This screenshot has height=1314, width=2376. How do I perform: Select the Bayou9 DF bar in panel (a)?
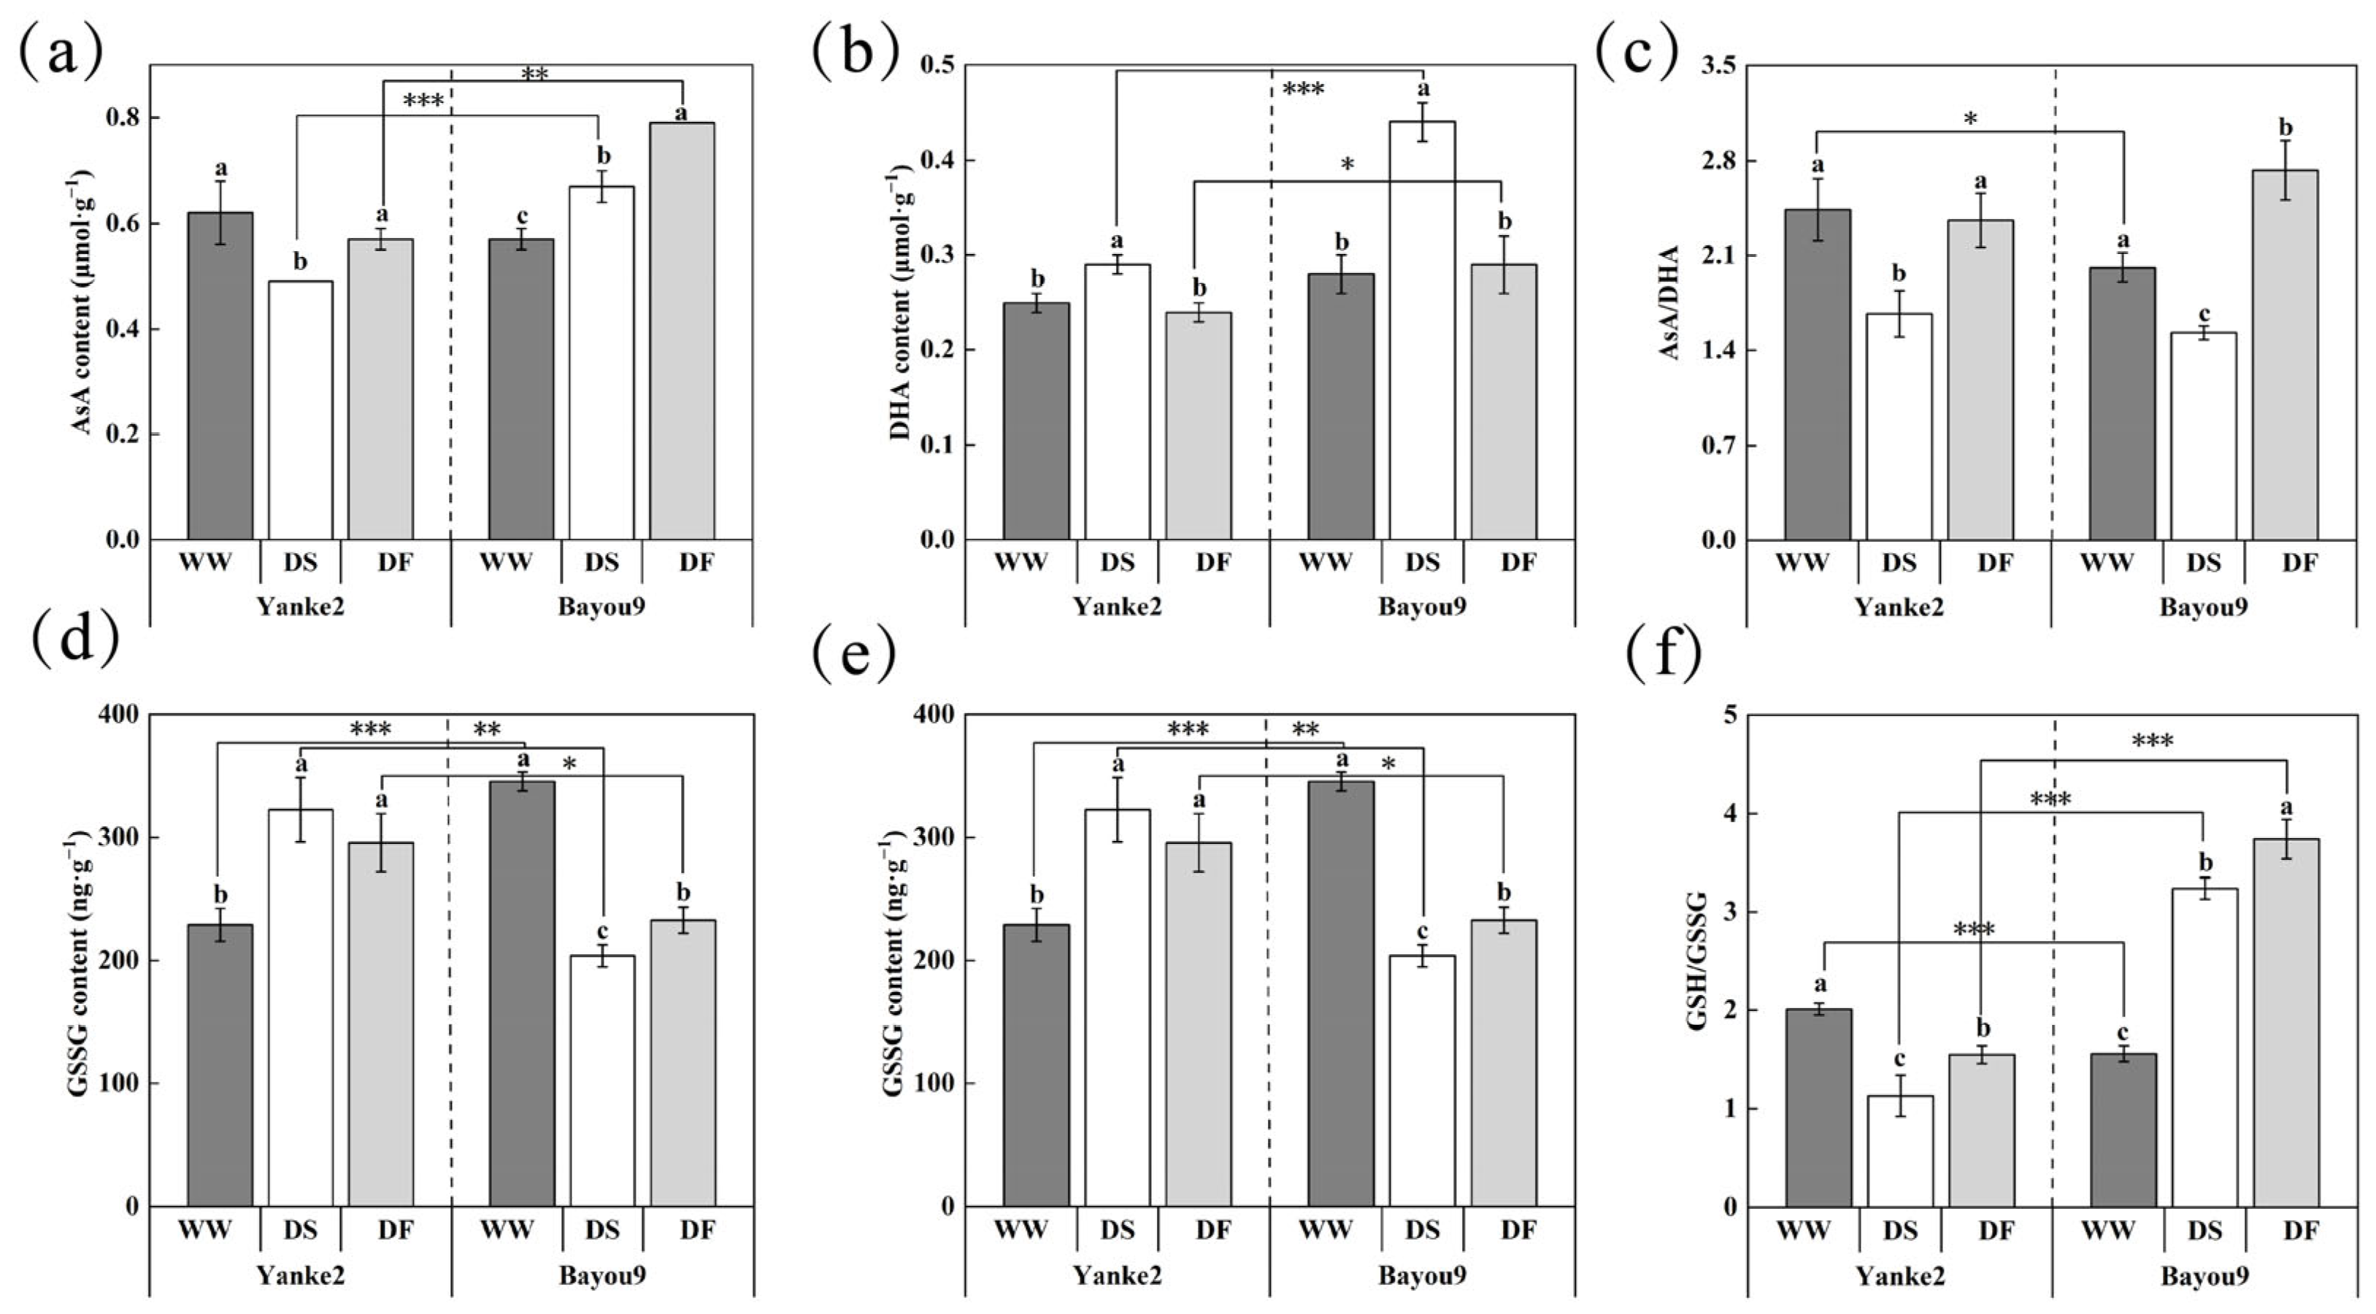pyautogui.click(x=683, y=332)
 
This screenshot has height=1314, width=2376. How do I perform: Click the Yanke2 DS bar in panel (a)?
pyautogui.click(x=301, y=410)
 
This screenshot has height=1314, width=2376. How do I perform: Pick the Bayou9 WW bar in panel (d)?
pyautogui.click(x=522, y=994)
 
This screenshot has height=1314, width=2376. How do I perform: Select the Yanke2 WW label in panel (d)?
pyautogui.click(x=205, y=1229)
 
